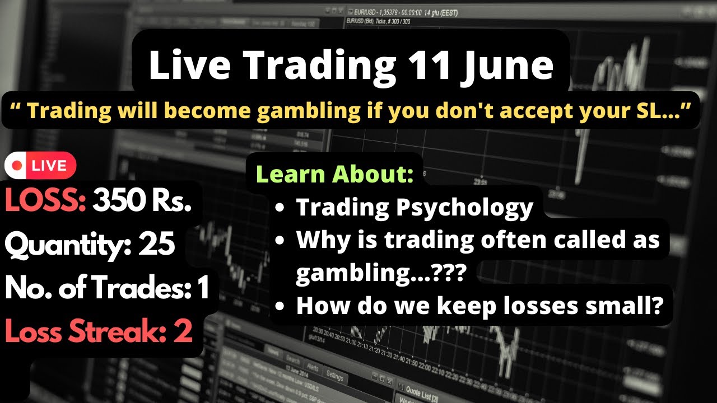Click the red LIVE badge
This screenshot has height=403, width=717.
pos(40,166)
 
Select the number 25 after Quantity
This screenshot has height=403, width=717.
pos(156,245)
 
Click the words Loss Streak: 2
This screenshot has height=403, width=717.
pos(99,331)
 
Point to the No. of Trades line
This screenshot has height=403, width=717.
pos(106,288)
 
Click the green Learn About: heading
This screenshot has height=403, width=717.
pos(334,175)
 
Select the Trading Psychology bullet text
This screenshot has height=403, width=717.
pos(415,207)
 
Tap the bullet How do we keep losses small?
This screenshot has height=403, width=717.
pos(479,306)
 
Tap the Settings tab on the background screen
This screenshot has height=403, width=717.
pos(335,375)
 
